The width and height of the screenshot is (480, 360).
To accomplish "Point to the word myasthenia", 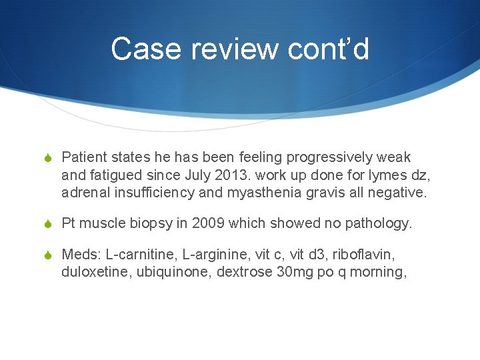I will coord(282,193).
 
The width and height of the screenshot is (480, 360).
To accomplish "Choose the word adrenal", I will coord(83,193).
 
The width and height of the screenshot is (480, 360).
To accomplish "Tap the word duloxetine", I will coord(90,272).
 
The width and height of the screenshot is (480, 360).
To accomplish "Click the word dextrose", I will coord(243,272).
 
